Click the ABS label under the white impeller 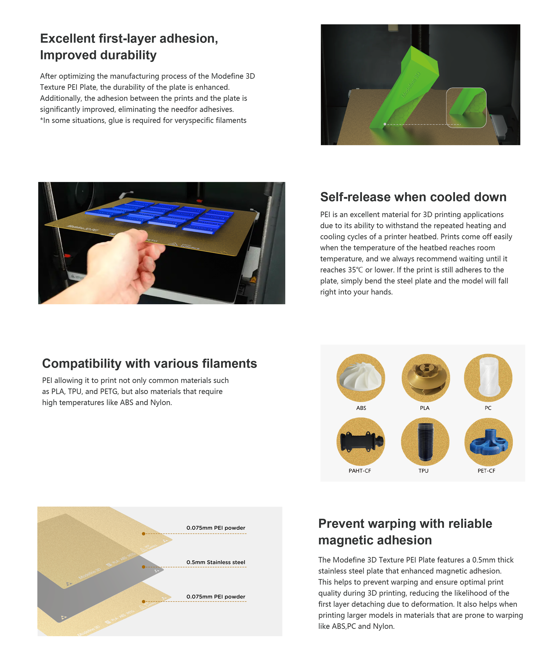click(361, 408)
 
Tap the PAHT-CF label click(360, 471)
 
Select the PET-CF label click(486, 471)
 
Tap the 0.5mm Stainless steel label click(216, 562)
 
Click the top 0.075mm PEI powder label click(216, 528)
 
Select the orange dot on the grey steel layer click(144, 567)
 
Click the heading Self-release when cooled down click(413, 197)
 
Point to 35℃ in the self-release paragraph click(356, 270)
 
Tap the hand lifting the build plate click(123, 265)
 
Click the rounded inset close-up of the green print click(466, 107)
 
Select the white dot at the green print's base click(384, 124)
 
